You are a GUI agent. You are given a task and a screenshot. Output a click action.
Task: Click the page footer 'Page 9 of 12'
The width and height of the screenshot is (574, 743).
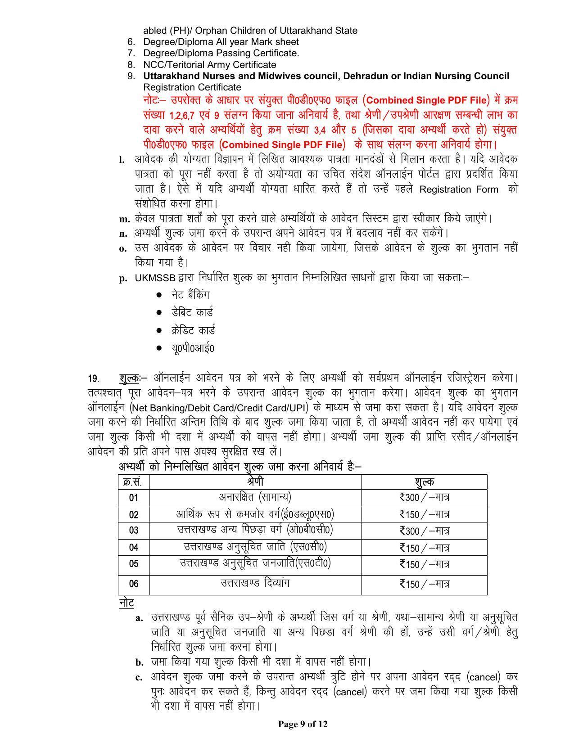coord(303,724)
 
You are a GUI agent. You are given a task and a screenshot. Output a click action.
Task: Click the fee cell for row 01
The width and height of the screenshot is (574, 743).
coord(424,497)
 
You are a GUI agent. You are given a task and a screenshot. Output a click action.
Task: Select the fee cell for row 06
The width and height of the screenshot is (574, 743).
coord(424,584)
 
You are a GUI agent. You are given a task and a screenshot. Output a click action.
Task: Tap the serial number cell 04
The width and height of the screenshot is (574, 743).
coord(134,547)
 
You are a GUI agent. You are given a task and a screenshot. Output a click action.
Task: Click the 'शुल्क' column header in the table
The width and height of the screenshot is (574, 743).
coord(424,482)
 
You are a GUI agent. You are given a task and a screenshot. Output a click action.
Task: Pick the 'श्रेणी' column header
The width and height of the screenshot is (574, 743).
coord(255,482)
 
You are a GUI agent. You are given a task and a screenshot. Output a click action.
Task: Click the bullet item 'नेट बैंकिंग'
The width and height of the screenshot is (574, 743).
coord(190,295)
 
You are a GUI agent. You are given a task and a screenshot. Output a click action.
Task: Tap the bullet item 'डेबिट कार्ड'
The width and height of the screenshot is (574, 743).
coord(192,312)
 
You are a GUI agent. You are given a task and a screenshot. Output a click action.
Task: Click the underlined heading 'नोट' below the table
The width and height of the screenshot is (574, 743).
coord(127,603)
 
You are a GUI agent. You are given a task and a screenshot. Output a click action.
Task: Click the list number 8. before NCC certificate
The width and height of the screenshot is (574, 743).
coord(131,64)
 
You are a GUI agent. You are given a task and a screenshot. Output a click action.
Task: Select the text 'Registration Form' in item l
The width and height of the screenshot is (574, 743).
coord(458,189)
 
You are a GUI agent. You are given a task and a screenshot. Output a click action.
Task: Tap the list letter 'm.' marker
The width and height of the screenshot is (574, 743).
coord(124,219)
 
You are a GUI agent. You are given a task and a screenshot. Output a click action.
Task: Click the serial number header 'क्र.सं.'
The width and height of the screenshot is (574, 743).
coord(134,482)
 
